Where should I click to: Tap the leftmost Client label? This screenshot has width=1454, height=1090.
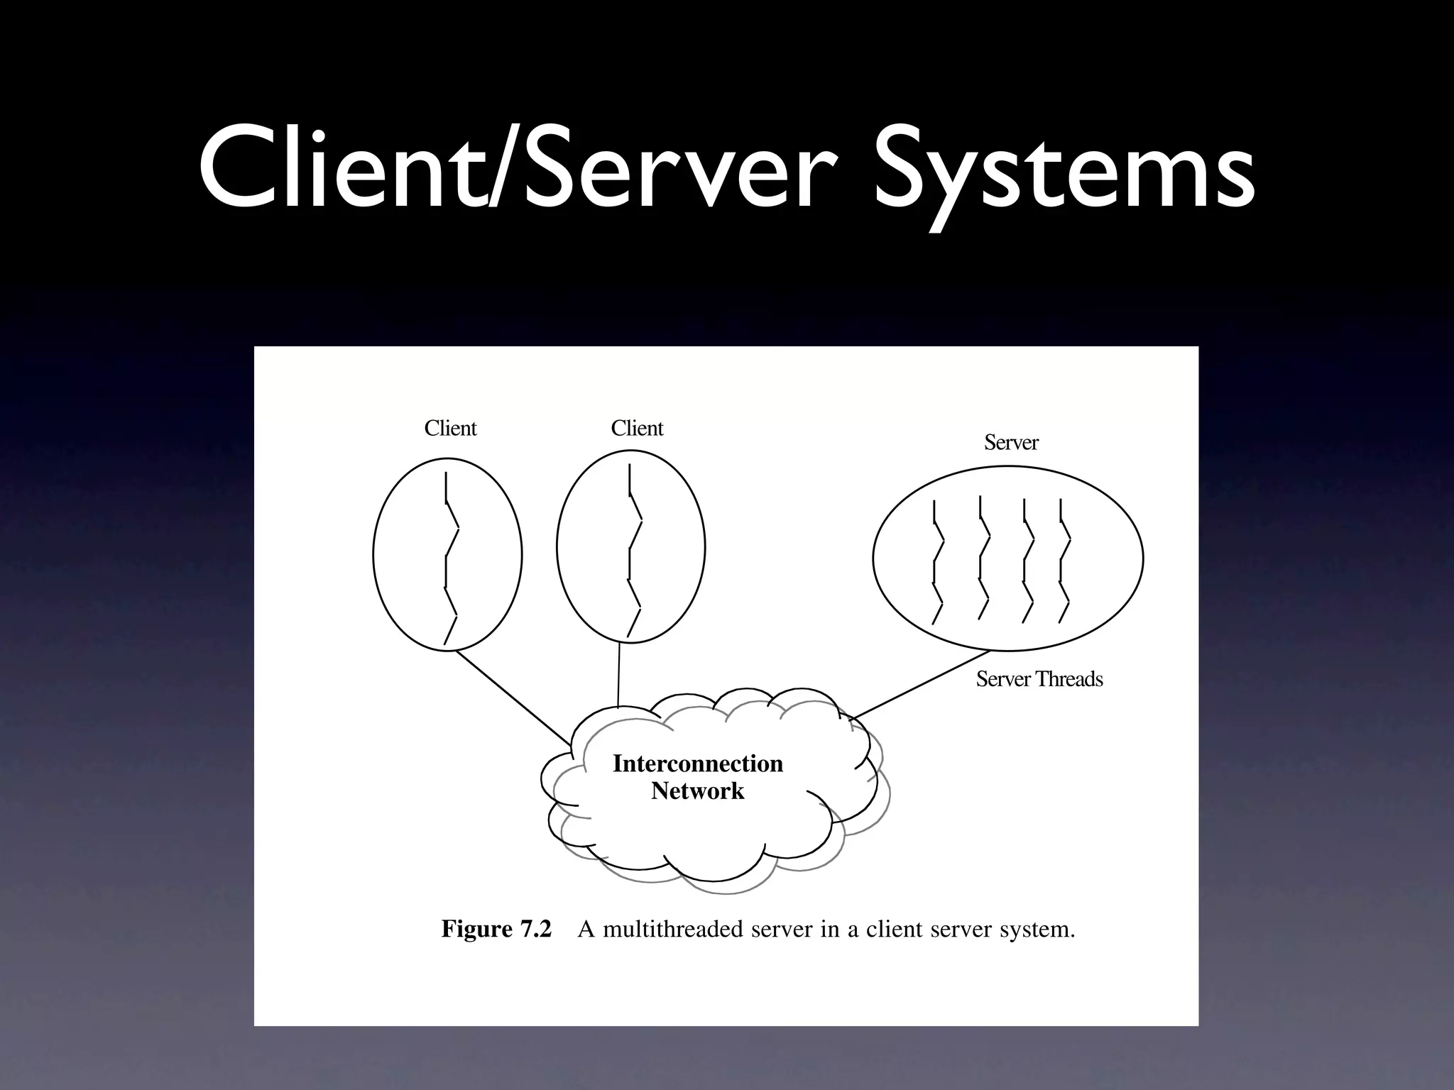(450, 429)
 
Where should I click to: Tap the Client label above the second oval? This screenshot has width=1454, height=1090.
(637, 429)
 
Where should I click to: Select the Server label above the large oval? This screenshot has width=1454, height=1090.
(1011, 443)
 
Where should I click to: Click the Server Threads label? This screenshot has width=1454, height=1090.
(1039, 679)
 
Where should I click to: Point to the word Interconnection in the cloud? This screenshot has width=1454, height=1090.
(698, 764)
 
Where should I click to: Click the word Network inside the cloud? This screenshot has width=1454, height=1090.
(698, 791)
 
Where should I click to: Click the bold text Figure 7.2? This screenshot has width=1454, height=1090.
(496, 929)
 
